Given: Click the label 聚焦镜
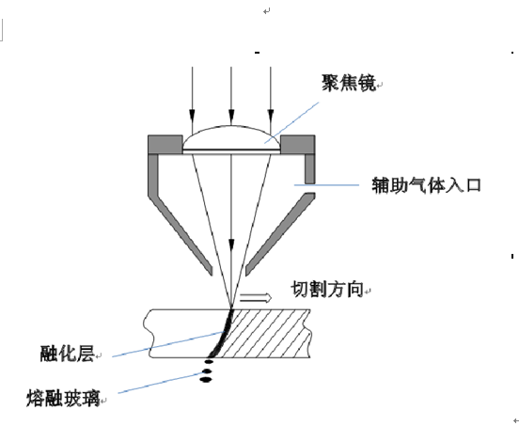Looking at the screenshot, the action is coord(349,83).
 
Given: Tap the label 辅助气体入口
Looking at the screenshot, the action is coord(426,185).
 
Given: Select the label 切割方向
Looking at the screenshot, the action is coord(327,290).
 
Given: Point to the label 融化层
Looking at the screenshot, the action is coord(67,354).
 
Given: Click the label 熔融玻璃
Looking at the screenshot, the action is coord(63,398).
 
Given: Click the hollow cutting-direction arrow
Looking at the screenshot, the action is coord(256,298).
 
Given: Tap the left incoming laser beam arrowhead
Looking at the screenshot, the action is coord(192,117).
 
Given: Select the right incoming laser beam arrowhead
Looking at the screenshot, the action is coord(271,117).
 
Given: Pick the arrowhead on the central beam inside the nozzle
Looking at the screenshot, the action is coord(231,246).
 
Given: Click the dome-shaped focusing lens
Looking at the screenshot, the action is coord(231,139).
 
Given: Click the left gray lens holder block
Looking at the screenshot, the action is coord(165,144).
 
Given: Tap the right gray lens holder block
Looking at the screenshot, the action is coord(297,144).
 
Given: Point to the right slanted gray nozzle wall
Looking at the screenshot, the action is coord(279,234).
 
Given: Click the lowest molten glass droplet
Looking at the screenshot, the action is coord(206,380).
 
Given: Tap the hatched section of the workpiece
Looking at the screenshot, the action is coord(265,333).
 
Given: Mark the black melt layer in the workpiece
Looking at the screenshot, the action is coord(222,335).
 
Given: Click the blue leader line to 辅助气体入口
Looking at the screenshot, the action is coord(326,185).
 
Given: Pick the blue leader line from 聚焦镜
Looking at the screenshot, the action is coord(291,123).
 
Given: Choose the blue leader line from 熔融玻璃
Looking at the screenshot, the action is coord(162,383).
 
